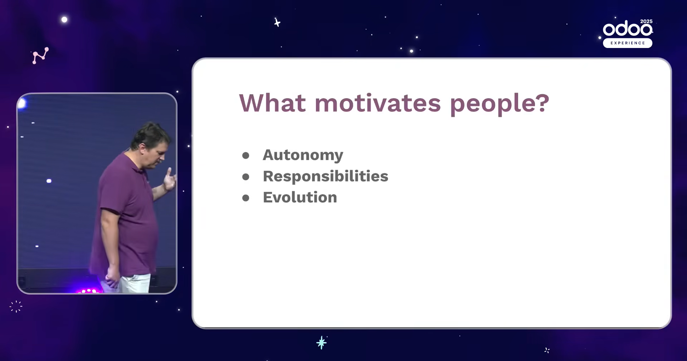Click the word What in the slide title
click(x=273, y=103)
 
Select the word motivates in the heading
click(x=377, y=103)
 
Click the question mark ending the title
click(x=543, y=103)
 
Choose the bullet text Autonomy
click(x=303, y=155)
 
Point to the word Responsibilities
click(x=325, y=176)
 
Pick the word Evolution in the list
click(x=300, y=197)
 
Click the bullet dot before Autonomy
click(x=245, y=155)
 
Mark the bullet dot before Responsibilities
click(x=245, y=177)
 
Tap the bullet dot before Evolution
click(x=245, y=198)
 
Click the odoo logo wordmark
click(x=627, y=29)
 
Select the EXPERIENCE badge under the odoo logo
click(x=628, y=43)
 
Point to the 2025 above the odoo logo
click(x=646, y=21)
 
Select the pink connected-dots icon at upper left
click(x=40, y=56)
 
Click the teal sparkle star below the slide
click(x=321, y=343)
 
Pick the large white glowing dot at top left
click(x=64, y=19)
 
